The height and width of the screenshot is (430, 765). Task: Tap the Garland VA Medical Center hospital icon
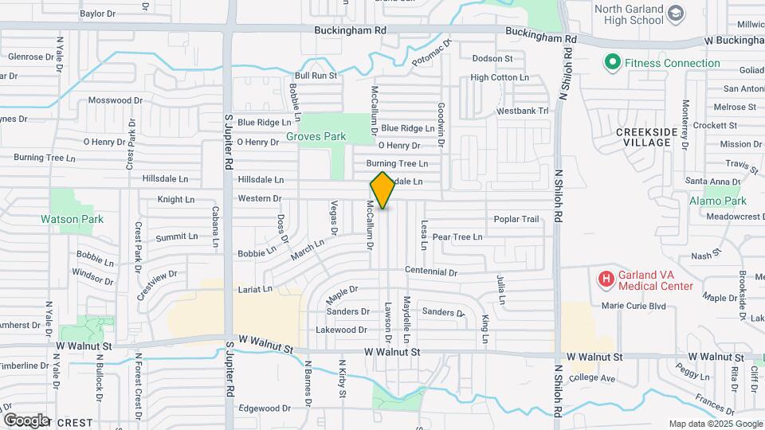click(x=606, y=279)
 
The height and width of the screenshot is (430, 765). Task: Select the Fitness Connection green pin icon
click(x=612, y=62)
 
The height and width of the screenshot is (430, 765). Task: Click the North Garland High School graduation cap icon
click(x=676, y=14)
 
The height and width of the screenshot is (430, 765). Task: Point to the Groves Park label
click(x=316, y=136)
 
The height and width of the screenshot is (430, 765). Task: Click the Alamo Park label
click(x=715, y=201)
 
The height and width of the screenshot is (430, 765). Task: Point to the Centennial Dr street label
click(x=430, y=272)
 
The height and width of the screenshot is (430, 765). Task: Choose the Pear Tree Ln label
click(x=457, y=237)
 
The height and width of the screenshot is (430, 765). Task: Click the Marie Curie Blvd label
click(x=634, y=305)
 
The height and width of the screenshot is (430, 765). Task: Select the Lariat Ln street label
click(x=255, y=289)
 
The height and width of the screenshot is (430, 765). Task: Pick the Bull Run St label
click(x=316, y=76)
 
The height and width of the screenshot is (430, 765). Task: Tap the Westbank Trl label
click(x=523, y=111)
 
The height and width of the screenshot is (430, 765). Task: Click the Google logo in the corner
click(x=26, y=420)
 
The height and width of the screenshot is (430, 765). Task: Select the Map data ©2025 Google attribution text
click(x=715, y=424)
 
